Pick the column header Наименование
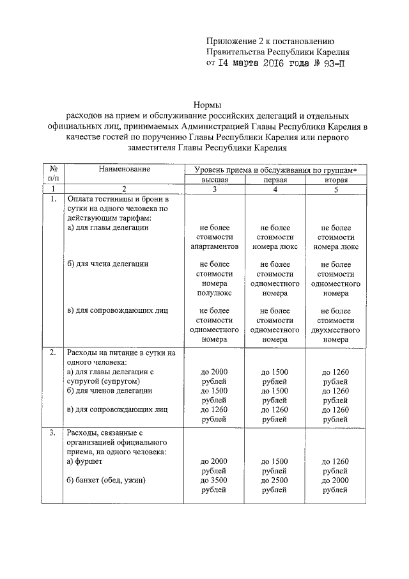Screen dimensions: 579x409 (x=124, y=169)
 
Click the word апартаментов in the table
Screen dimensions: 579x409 (x=215, y=246)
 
